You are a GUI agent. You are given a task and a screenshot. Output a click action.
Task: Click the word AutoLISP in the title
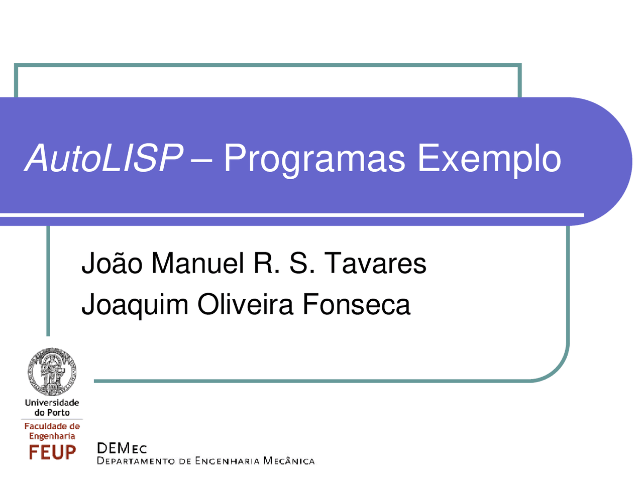point(104,159)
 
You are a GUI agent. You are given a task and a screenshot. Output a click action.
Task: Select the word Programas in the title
point(314,159)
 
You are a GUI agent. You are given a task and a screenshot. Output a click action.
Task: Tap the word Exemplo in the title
point(489,159)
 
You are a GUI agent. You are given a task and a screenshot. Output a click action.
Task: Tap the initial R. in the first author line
point(266,263)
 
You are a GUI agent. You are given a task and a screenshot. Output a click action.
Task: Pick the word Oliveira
point(245,304)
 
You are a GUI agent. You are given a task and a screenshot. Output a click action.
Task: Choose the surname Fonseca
point(356,304)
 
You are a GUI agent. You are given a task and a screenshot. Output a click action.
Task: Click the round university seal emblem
point(52,372)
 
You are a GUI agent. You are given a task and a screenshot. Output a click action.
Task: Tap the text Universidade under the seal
point(52,403)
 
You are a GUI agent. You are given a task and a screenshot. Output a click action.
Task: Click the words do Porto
point(52,413)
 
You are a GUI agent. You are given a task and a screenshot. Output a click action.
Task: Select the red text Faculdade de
point(52,426)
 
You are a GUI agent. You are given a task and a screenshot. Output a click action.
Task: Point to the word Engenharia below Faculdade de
point(52,436)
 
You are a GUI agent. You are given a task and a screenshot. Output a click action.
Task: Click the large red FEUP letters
point(52,452)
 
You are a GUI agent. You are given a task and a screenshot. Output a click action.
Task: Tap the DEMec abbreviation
point(122,448)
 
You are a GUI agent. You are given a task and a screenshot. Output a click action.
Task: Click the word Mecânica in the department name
point(289,461)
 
